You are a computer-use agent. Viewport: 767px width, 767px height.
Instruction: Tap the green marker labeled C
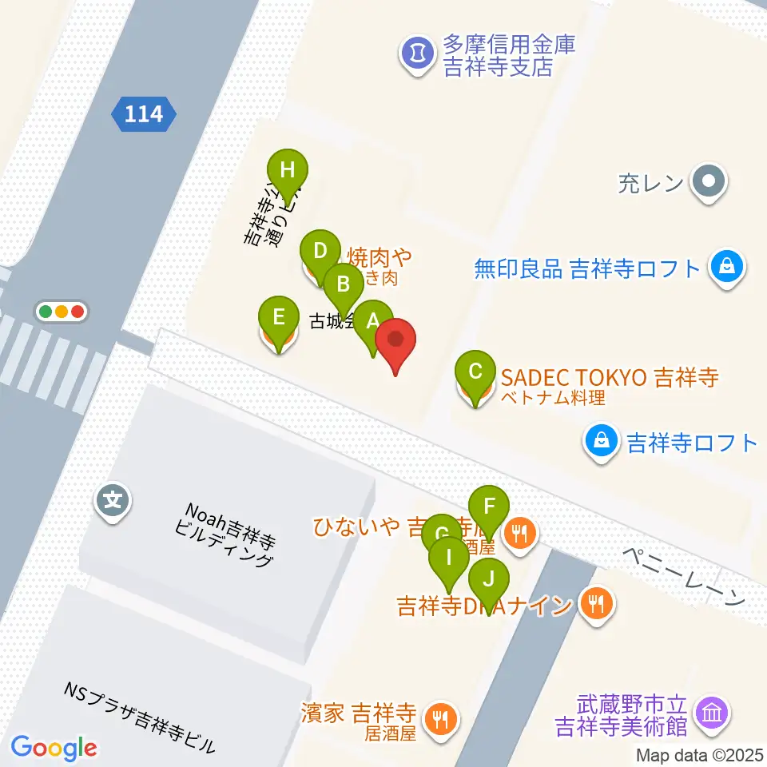[475, 372]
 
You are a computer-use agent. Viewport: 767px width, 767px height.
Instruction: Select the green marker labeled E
[277, 317]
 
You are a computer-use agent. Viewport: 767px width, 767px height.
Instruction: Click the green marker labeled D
[320, 252]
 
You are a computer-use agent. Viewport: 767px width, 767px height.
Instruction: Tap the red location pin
[396, 340]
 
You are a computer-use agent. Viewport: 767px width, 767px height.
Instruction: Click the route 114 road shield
[144, 114]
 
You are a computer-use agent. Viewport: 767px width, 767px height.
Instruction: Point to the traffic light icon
[61, 312]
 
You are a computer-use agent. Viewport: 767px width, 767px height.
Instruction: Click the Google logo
[54, 748]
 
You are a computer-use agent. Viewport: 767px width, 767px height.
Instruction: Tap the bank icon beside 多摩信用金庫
[415, 54]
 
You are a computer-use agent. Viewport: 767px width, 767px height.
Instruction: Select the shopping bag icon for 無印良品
[727, 268]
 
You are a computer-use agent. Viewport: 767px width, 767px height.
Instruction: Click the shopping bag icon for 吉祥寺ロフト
[602, 442]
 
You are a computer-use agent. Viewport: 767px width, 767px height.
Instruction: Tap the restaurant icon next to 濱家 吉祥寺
[439, 718]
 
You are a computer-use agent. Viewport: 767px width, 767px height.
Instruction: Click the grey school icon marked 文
[113, 502]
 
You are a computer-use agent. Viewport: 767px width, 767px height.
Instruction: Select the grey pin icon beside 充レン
[708, 182]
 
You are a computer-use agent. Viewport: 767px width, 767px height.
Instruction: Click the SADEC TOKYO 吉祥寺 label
[610, 376]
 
